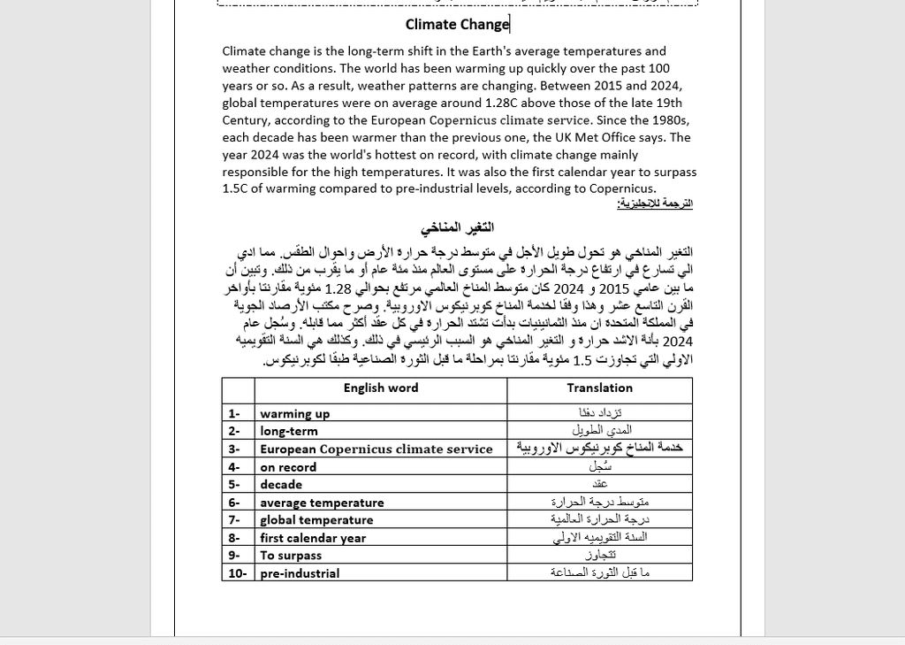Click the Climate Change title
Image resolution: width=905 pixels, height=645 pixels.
point(457,25)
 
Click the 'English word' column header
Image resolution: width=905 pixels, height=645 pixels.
point(381,388)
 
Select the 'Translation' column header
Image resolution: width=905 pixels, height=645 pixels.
point(599,388)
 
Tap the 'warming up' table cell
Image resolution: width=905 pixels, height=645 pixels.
point(295,413)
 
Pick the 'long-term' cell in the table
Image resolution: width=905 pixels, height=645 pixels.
point(289,431)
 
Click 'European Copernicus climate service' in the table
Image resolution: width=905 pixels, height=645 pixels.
point(376,449)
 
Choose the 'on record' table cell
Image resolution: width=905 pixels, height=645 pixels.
point(288,467)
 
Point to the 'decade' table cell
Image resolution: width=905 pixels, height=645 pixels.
point(281,485)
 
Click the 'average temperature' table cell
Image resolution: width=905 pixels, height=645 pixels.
point(322,503)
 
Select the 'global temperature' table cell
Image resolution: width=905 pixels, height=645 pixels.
point(316,520)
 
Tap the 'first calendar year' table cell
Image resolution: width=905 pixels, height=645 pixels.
point(313,538)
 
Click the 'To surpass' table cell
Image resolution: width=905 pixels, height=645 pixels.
point(291,556)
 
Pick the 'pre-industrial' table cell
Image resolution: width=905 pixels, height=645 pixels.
point(300,573)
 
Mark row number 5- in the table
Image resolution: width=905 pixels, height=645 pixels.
point(234,485)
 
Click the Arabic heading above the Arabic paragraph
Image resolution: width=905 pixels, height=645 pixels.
point(457,228)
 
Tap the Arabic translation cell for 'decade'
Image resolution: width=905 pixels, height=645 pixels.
point(600,485)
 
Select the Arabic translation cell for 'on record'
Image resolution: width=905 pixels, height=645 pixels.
point(600,466)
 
